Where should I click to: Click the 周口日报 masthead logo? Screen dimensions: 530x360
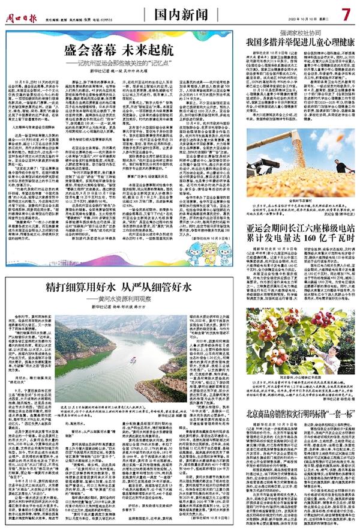coord(23,11)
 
